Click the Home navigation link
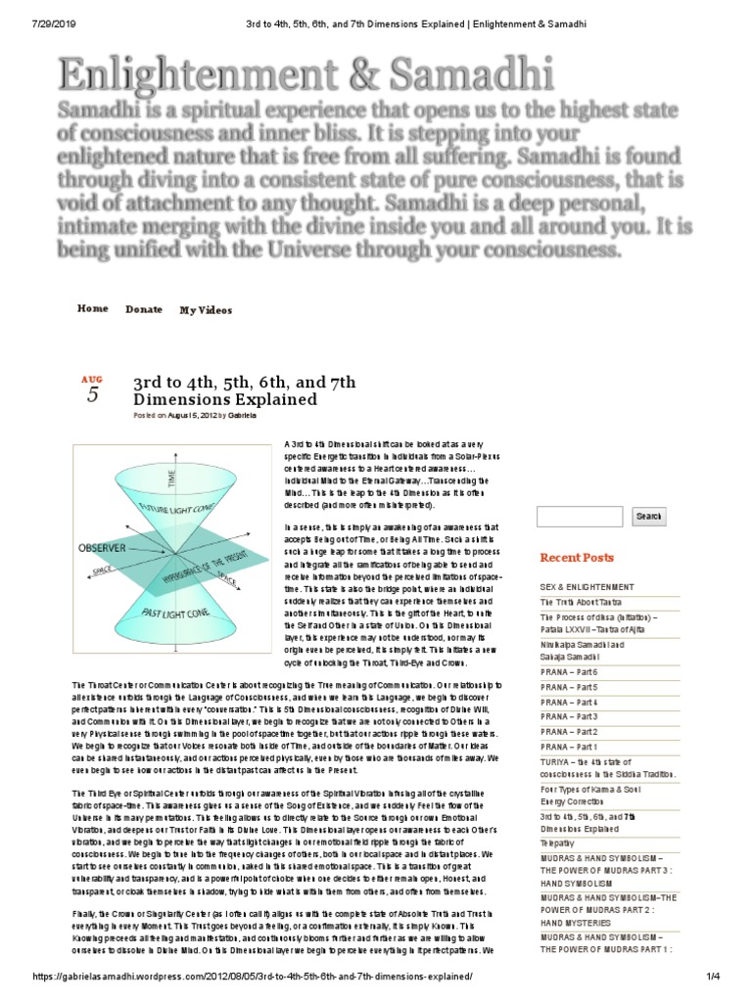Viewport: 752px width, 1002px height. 93,309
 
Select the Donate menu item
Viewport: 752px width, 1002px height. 144,310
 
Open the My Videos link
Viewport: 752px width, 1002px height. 206,310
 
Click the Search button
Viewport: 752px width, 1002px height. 648,517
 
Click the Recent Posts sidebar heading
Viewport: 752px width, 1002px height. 577,558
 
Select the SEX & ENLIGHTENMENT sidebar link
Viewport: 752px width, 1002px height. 587,586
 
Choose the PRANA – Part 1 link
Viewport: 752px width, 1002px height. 569,747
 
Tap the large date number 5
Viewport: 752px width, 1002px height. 92,394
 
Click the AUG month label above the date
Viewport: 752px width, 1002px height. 92,378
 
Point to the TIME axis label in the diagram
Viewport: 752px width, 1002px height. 173,478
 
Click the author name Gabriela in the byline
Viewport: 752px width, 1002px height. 243,415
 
